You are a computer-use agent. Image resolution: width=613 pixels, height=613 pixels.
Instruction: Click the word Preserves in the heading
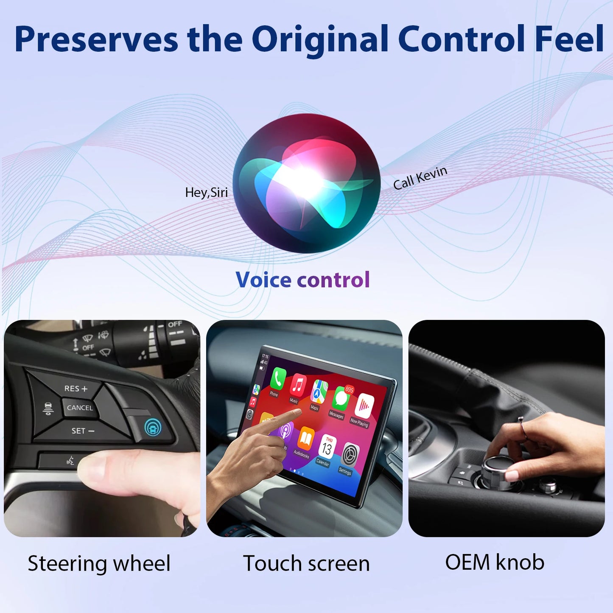click(96, 39)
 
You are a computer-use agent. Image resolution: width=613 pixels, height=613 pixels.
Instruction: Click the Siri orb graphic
click(306, 183)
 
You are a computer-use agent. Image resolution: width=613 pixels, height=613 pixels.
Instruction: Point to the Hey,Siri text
click(206, 193)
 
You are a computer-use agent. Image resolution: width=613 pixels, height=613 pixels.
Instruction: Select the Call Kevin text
click(420, 178)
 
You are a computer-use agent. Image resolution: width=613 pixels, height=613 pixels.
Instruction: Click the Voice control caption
click(302, 280)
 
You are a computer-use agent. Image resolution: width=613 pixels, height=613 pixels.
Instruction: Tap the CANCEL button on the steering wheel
click(79, 408)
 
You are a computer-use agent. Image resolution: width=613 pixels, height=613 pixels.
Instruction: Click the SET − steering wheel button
click(83, 431)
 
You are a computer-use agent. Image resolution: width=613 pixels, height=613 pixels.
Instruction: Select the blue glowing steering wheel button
click(152, 427)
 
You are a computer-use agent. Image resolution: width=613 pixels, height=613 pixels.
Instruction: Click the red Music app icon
click(298, 385)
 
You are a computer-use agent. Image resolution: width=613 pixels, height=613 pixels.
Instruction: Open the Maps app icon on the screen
click(319, 392)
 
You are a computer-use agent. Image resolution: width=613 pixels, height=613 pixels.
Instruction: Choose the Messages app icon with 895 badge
click(341, 399)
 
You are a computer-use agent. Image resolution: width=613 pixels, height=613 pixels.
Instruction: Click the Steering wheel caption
click(99, 563)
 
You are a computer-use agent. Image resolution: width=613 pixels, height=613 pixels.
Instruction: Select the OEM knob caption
click(495, 562)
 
